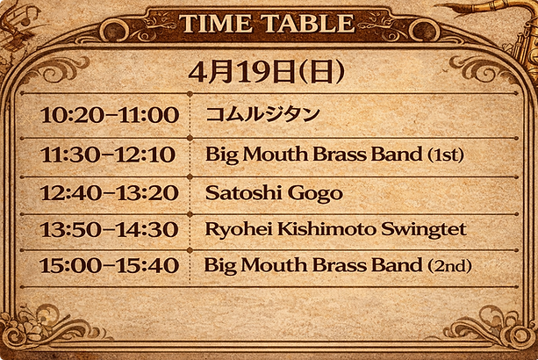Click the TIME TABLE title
tap(268, 24)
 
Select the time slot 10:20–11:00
tap(110, 115)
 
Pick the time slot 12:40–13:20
tap(109, 192)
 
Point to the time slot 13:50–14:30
tap(109, 229)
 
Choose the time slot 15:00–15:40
tap(110, 265)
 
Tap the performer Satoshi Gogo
tap(274, 192)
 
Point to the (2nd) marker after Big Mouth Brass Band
tap(448, 265)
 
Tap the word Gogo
tap(321, 192)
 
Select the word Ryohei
tap(234, 229)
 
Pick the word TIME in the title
tap(215, 24)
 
